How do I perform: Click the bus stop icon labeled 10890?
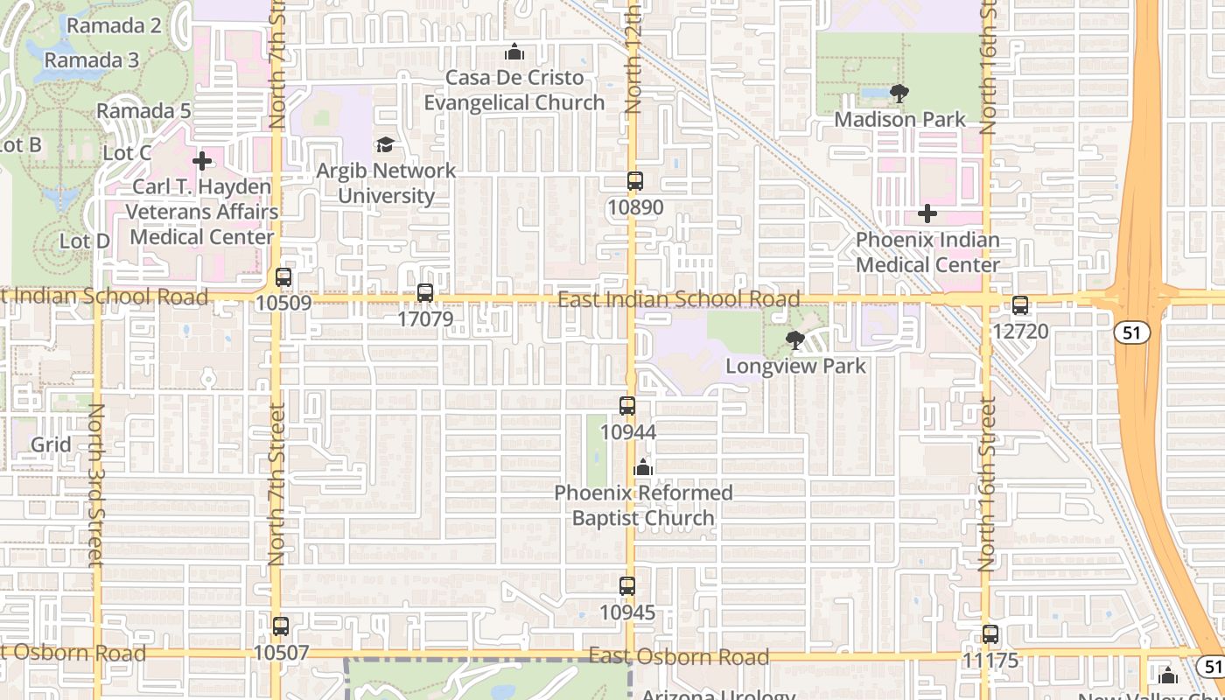click(635, 181)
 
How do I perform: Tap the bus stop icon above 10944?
click(627, 406)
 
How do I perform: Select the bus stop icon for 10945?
click(627, 586)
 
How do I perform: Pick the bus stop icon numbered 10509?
click(283, 277)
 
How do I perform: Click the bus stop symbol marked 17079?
click(425, 293)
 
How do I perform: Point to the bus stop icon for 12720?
click(1020, 305)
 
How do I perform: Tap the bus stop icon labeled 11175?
click(990, 634)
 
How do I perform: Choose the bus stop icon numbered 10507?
click(281, 626)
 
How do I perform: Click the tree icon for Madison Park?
click(899, 93)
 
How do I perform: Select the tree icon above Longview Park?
click(795, 339)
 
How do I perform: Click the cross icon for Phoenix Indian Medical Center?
click(927, 213)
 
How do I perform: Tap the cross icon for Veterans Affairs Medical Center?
click(202, 161)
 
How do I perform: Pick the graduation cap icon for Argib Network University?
click(385, 144)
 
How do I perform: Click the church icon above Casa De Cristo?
click(514, 52)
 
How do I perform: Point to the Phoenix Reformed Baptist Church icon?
click(644, 467)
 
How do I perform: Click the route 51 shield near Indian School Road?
click(1132, 332)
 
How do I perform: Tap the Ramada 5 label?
click(143, 111)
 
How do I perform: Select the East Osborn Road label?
click(679, 656)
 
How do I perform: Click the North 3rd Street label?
click(96, 485)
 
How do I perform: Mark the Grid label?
click(51, 444)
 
